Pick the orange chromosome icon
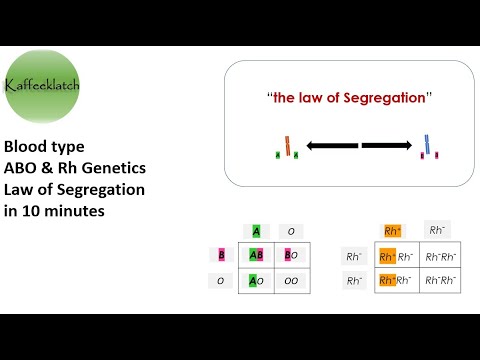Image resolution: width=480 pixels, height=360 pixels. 288,147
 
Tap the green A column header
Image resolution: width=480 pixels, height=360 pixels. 257,231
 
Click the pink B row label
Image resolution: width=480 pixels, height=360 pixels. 220,255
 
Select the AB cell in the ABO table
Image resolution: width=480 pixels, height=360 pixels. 257,255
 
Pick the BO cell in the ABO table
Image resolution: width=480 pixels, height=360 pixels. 291,255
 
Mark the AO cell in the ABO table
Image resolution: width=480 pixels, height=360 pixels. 257,281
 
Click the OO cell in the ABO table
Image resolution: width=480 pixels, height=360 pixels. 291,281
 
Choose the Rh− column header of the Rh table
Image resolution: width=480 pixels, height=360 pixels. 437,230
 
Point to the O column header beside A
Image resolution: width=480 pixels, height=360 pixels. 291,231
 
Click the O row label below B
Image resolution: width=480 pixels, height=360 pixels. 220,281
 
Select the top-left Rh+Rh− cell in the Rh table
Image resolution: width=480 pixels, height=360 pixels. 394,256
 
